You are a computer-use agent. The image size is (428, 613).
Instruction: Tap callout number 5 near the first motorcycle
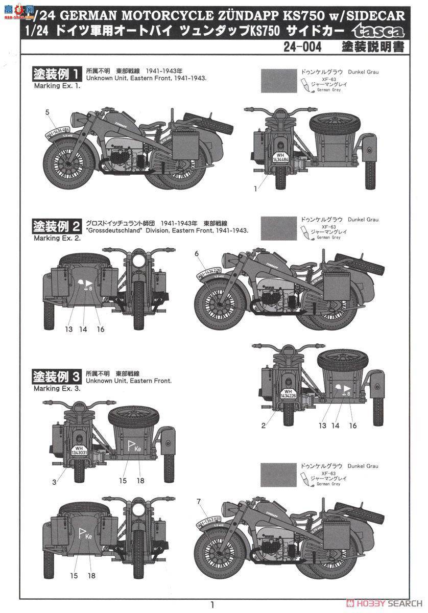click(47, 111)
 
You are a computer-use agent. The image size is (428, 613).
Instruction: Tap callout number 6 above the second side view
click(197, 253)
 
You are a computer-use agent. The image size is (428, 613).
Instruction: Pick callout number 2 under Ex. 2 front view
click(264, 426)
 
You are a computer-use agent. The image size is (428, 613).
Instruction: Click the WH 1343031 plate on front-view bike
click(79, 451)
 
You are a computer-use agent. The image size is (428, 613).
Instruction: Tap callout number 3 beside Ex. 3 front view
click(55, 482)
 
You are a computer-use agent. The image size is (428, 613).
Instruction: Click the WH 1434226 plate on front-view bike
click(289, 394)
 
